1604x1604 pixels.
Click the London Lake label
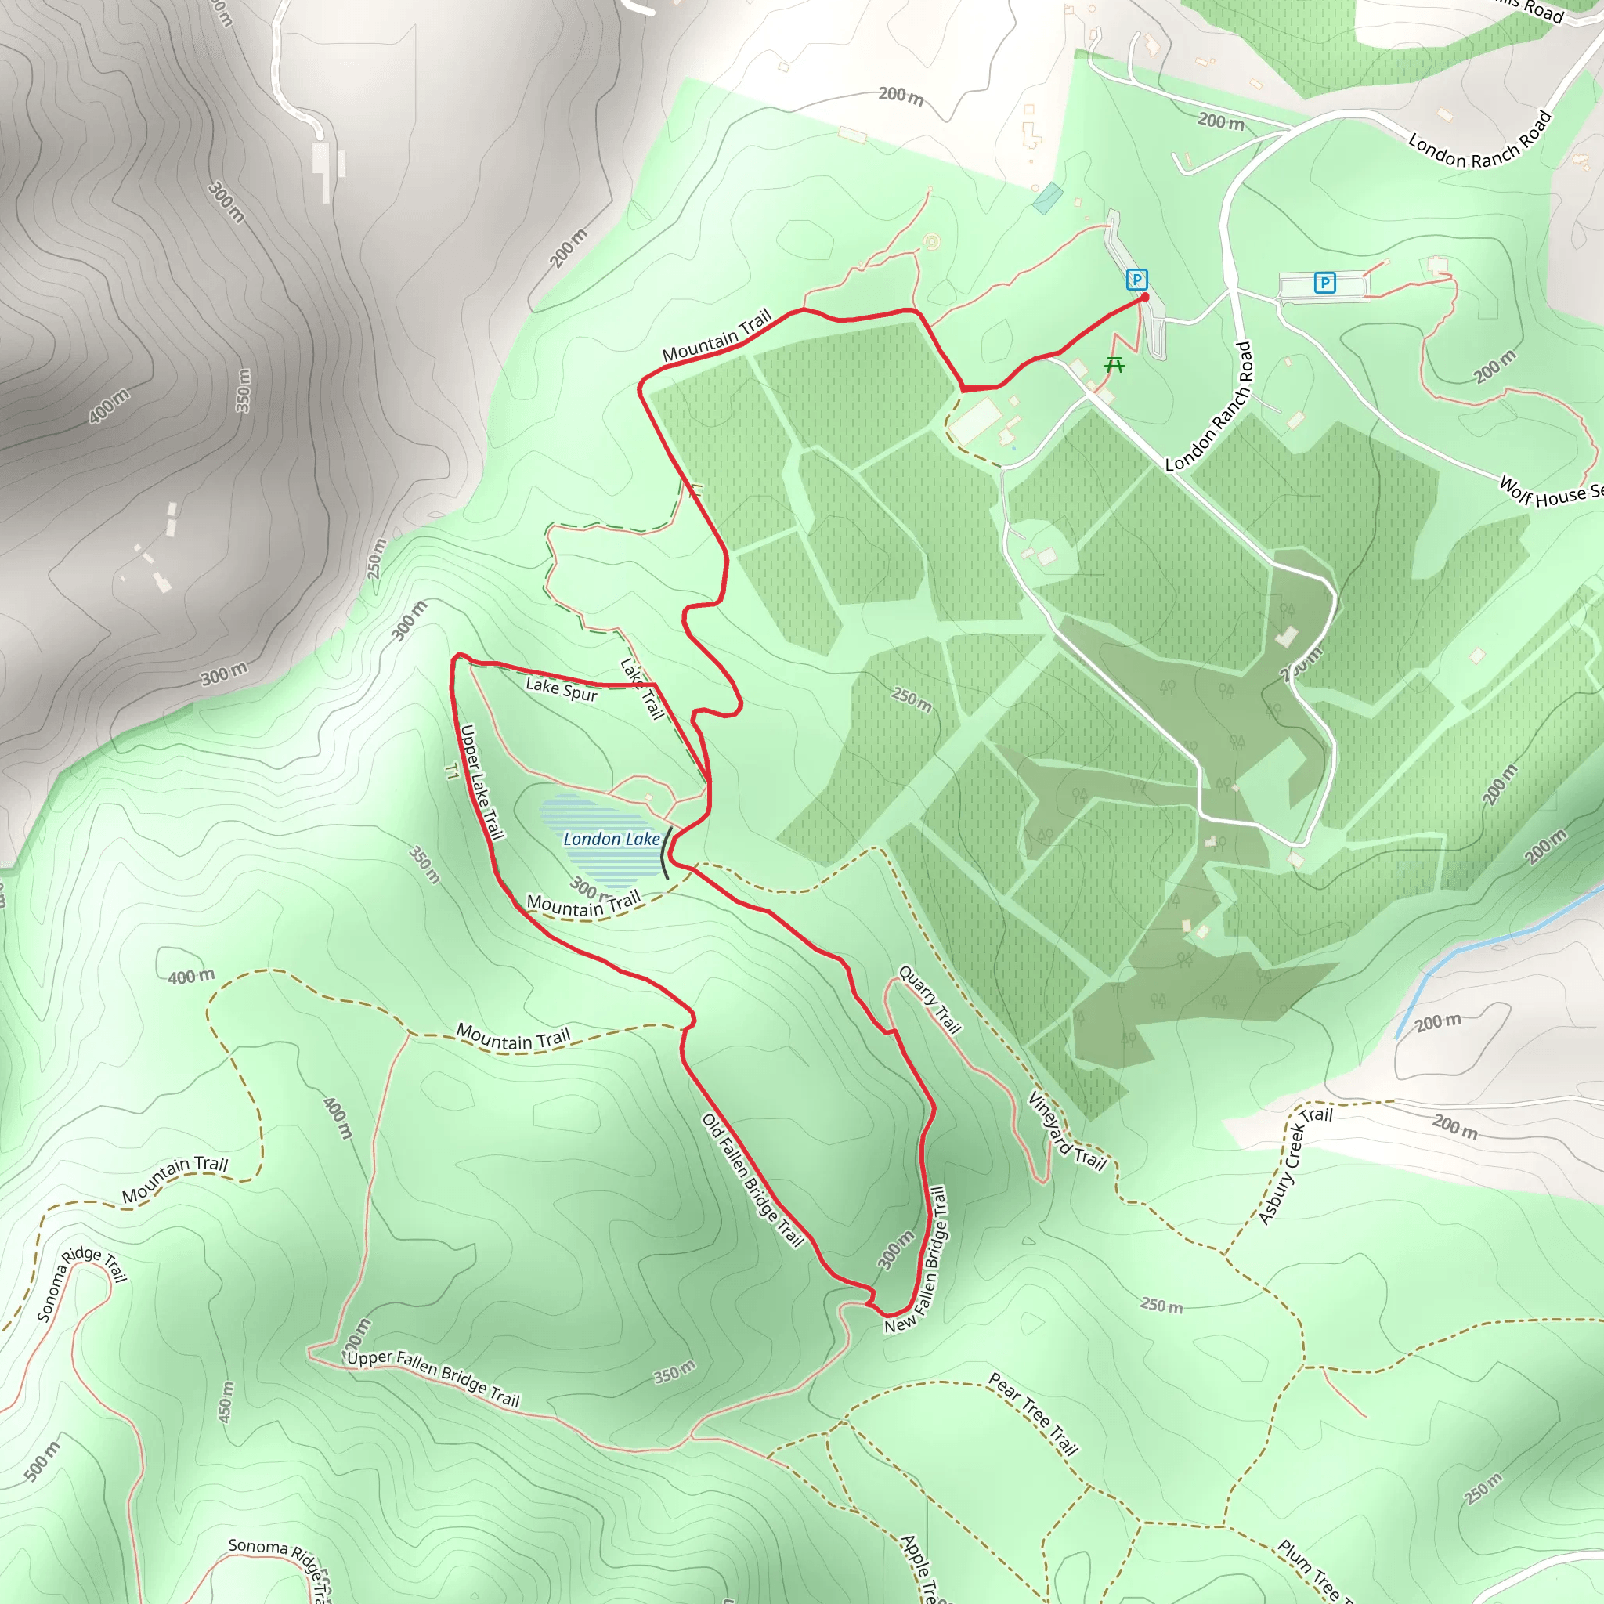pyautogui.click(x=611, y=840)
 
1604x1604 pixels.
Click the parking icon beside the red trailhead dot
pyautogui.click(x=1136, y=280)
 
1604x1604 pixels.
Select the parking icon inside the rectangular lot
pyautogui.click(x=1324, y=283)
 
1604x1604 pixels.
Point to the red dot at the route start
pyautogui.click(x=1145, y=297)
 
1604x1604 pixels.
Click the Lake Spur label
pyautogui.click(x=562, y=690)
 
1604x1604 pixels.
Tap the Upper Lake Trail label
pyautogui.click(x=482, y=782)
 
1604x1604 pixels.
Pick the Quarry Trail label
pyautogui.click(x=930, y=999)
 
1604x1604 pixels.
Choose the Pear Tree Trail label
pyautogui.click(x=1033, y=1414)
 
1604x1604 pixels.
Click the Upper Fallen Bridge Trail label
pyautogui.click(x=432, y=1378)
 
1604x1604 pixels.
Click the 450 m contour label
pyautogui.click(x=225, y=1402)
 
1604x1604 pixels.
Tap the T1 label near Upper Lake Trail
pyautogui.click(x=452, y=771)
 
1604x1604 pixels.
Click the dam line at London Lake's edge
pyautogui.click(x=665, y=852)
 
